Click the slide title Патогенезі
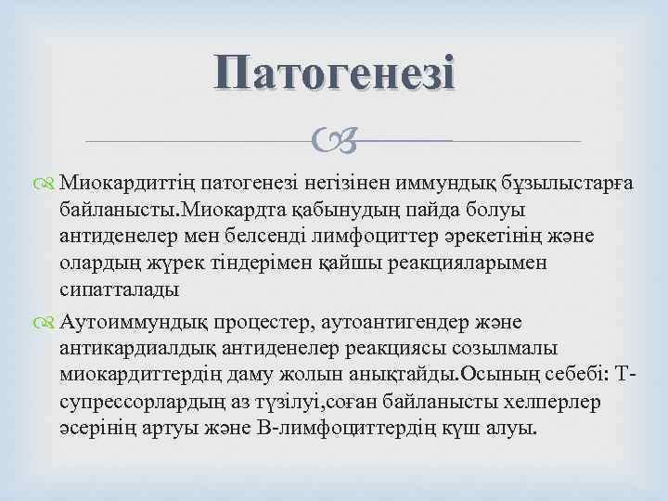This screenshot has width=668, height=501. [x=333, y=71]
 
